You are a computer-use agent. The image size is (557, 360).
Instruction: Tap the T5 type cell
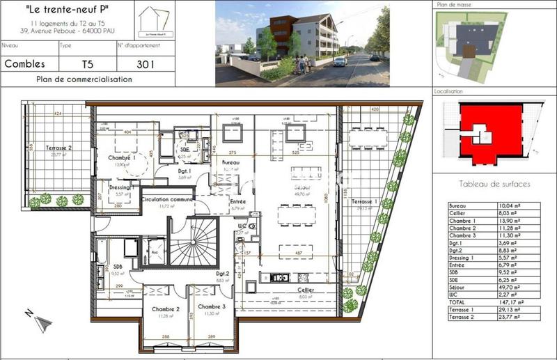point(86,64)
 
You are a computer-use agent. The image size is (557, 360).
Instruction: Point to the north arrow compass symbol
point(40,321)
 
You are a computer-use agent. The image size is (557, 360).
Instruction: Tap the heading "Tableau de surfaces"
point(495,184)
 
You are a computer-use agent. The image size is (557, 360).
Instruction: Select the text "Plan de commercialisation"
point(84,79)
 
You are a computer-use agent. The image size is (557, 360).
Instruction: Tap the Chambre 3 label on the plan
point(211,306)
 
